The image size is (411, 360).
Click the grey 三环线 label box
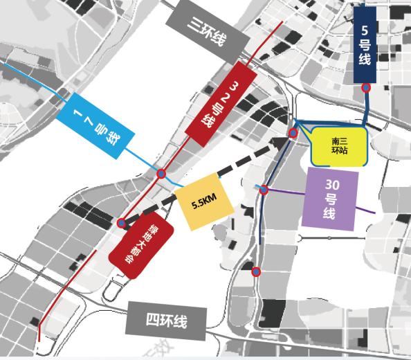[x=207, y=31]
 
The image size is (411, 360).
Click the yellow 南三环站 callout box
[x=339, y=147]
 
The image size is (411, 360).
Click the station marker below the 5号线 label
[x=366, y=88]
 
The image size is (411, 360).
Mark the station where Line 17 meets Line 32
[x=161, y=174]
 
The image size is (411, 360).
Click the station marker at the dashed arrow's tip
[x=293, y=133]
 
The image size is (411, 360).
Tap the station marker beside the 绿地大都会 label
[x=121, y=223]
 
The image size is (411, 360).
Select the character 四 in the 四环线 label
[x=154, y=321]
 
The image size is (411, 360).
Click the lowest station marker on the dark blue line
[x=256, y=271]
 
